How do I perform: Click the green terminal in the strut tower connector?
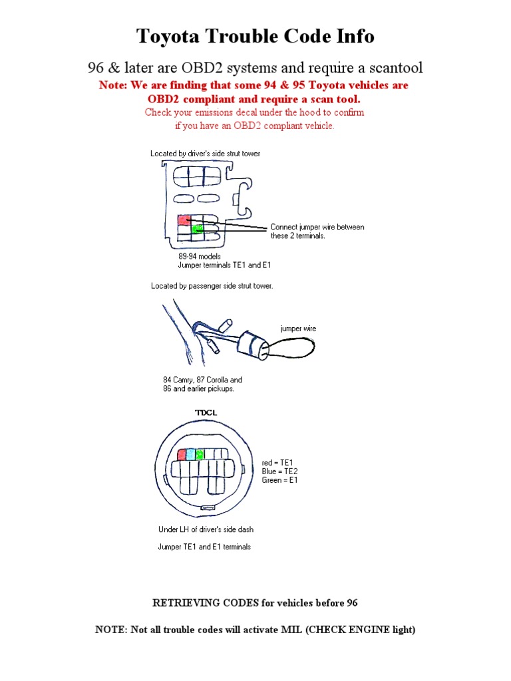tap(196, 230)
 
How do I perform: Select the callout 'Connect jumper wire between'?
tap(317, 227)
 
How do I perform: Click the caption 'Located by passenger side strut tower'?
tap(212, 286)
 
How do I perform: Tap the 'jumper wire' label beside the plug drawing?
tap(298, 329)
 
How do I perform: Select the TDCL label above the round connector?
tap(206, 412)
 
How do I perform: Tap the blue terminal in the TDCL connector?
tap(191, 454)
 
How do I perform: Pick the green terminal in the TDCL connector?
tap(199, 454)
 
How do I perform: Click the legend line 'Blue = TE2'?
tap(280, 471)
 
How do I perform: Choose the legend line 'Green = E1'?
tap(280, 479)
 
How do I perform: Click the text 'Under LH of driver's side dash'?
tap(206, 530)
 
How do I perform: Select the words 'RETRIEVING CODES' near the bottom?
tap(196, 603)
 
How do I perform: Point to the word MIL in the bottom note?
tap(292, 630)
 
